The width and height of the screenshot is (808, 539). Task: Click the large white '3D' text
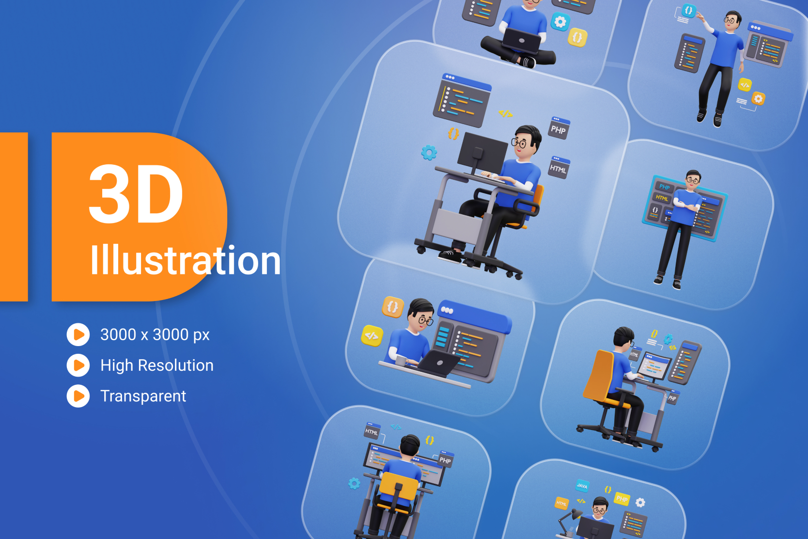[x=136, y=194]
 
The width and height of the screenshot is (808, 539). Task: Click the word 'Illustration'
[x=185, y=261]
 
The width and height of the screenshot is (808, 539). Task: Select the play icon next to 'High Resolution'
[x=78, y=365]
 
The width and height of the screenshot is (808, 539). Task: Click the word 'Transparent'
[x=143, y=396]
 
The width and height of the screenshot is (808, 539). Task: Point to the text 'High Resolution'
[x=156, y=365]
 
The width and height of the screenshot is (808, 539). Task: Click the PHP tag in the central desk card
[x=559, y=129]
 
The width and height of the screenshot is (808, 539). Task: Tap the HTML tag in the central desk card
[x=559, y=168]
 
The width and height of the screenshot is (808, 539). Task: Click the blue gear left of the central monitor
[x=429, y=153]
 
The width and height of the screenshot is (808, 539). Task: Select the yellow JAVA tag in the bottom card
[x=582, y=486]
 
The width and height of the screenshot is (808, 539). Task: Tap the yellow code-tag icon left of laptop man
[x=372, y=335]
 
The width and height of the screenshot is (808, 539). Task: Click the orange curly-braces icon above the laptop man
[x=393, y=307]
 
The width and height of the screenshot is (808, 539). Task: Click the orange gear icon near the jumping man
[x=758, y=99]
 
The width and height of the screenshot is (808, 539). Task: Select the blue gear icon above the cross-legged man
[x=560, y=22]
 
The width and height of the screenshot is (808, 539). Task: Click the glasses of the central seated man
[x=519, y=143]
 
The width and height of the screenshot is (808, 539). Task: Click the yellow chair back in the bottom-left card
[x=398, y=487]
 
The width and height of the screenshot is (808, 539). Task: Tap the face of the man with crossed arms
[x=693, y=179]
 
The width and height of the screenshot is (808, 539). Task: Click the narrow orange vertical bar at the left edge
[x=14, y=217]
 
